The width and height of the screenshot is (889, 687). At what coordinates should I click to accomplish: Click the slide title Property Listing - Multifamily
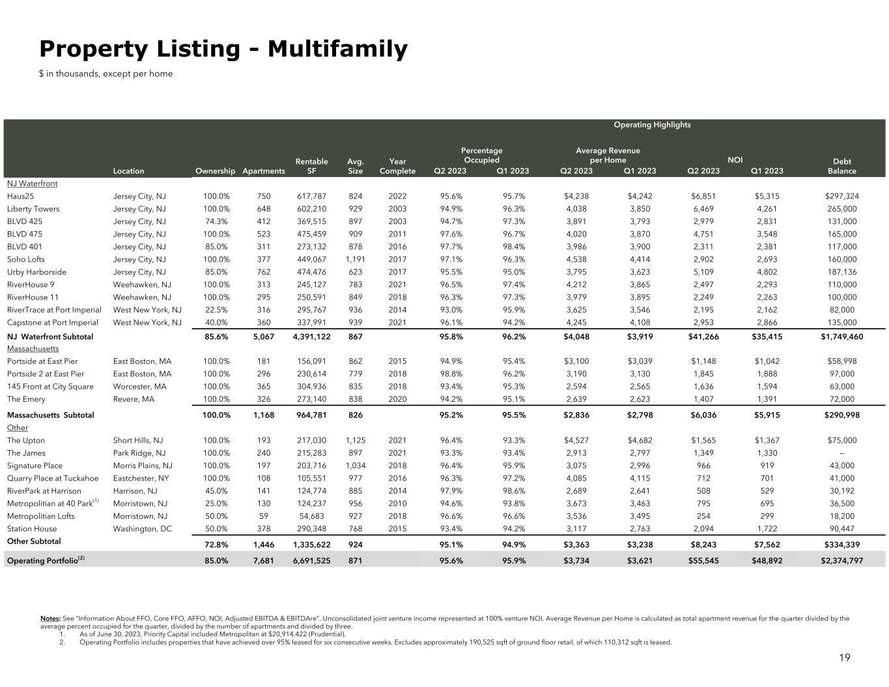point(223,49)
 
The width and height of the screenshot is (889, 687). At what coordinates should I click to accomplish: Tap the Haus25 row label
point(21,196)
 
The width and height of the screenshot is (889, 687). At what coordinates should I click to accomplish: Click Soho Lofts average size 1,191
point(356,259)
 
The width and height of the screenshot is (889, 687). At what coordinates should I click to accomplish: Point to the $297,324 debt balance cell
point(841,196)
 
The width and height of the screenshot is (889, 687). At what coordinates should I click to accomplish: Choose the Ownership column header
point(215,171)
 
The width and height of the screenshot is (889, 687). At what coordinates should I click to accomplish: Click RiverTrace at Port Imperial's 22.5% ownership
point(216,310)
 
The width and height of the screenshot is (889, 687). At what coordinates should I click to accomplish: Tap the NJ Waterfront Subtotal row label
point(50,337)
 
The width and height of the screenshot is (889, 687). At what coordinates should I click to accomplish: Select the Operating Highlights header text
point(652,125)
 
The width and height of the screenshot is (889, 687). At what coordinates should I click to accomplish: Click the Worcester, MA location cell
point(139,387)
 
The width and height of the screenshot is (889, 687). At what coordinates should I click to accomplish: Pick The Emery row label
point(25,399)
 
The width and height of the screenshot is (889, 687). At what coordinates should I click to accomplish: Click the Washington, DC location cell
point(143,529)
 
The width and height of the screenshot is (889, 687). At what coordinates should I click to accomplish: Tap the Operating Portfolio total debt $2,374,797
point(841,561)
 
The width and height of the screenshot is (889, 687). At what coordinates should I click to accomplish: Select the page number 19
point(844,658)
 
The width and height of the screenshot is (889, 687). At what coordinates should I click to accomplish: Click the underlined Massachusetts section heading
point(33,349)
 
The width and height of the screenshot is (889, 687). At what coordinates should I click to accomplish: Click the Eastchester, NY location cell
point(141,479)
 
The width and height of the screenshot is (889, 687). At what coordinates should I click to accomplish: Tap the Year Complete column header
point(397,166)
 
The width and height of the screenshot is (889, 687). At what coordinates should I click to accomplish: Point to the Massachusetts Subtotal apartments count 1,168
point(263,415)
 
